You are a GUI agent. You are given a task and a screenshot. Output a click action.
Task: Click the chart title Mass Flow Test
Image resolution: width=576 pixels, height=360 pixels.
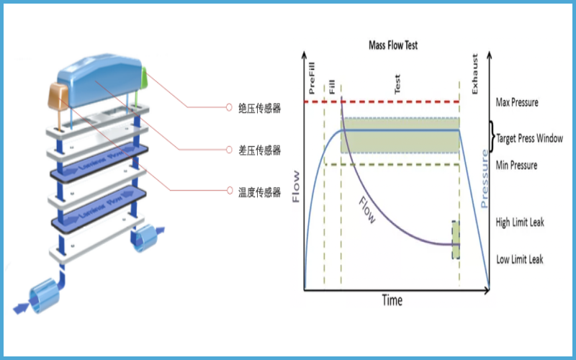(393, 45)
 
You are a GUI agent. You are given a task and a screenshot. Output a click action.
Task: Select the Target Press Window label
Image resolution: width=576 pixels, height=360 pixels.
(529, 138)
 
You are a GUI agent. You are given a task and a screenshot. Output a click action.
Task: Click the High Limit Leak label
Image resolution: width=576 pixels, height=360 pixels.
(520, 222)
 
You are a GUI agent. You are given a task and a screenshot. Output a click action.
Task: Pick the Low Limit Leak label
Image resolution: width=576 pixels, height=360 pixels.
(520, 259)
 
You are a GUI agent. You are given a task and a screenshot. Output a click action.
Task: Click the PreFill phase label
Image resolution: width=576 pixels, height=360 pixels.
(312, 79)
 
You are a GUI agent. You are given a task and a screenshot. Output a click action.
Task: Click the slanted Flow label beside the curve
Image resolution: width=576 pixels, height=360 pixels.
(366, 210)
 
